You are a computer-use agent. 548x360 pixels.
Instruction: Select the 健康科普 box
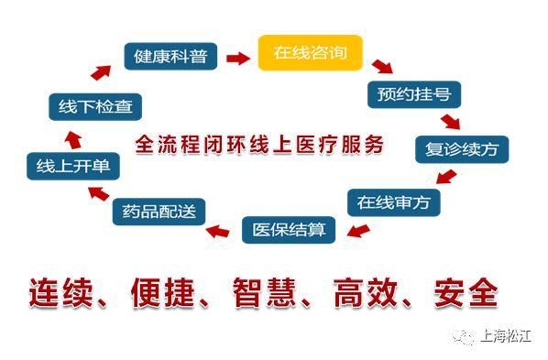[x=170, y=57]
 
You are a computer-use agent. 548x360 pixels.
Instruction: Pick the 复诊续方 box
[x=461, y=148]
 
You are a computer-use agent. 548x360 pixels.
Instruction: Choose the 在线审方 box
[x=393, y=201]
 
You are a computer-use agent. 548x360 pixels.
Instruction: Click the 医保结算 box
[x=289, y=228]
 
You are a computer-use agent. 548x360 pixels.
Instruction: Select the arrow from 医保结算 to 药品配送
[x=218, y=230]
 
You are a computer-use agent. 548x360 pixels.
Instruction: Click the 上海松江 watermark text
[x=505, y=337]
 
